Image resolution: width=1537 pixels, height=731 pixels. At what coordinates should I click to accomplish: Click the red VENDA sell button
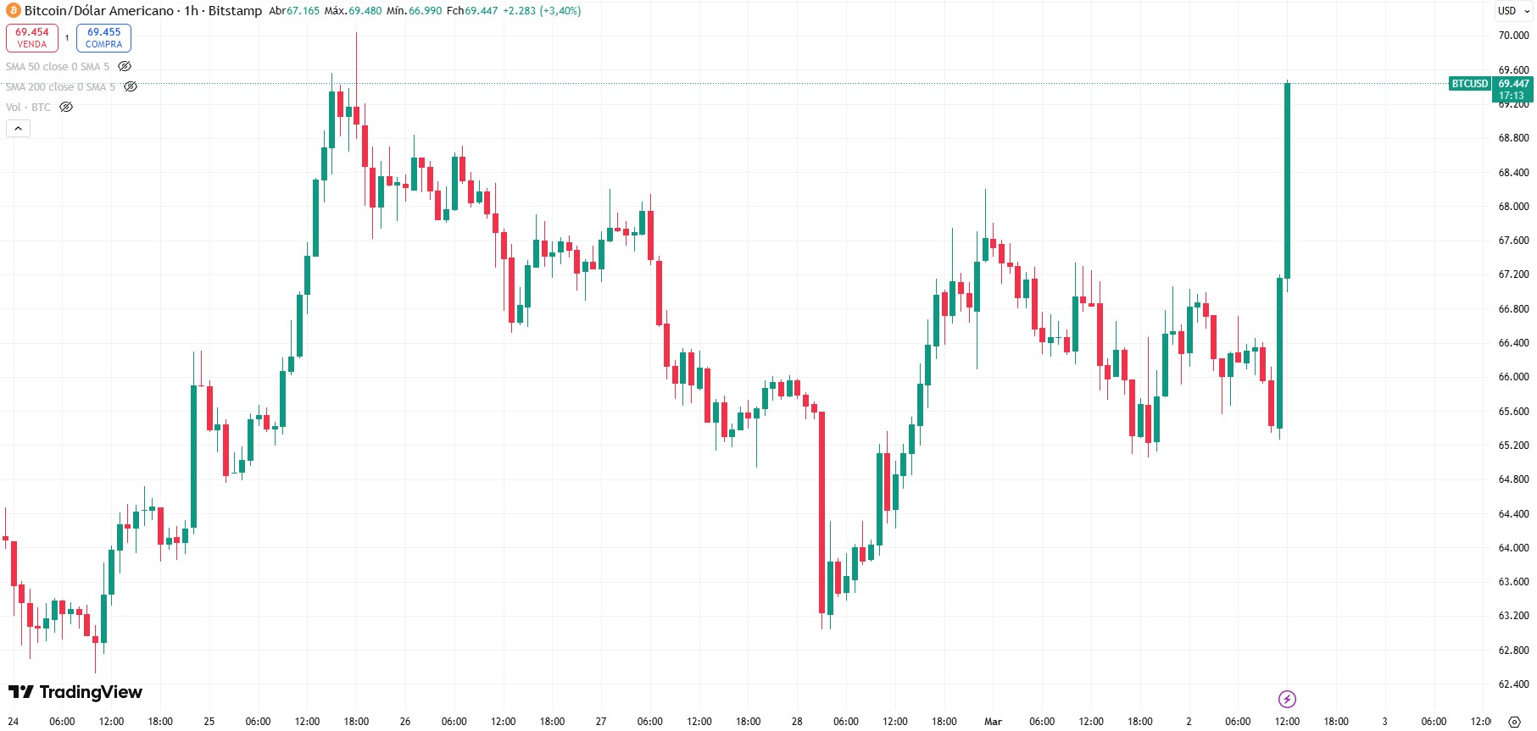click(32, 38)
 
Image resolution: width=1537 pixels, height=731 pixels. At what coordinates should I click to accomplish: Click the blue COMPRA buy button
click(103, 38)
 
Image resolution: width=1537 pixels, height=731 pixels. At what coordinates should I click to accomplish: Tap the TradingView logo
click(75, 692)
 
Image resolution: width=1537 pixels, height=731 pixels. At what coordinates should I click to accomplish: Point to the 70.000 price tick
click(1513, 36)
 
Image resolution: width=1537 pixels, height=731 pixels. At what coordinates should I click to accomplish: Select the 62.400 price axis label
click(1513, 684)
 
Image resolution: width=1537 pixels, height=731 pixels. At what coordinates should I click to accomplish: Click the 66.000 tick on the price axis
click(1513, 377)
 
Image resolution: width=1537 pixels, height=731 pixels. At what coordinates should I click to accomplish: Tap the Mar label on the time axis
click(993, 722)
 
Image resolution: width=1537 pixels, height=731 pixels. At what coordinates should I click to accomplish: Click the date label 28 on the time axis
click(797, 722)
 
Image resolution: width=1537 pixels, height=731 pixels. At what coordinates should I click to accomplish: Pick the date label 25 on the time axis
click(209, 722)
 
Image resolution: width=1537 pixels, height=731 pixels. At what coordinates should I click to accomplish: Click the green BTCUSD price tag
click(1469, 84)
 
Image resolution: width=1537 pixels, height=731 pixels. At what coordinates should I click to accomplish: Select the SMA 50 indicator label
click(58, 67)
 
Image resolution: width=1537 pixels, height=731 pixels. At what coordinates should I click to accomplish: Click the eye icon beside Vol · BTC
click(66, 108)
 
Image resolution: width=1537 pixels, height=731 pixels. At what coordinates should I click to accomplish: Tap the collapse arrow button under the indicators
click(18, 129)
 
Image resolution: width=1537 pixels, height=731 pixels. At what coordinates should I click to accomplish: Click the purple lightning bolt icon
click(1287, 699)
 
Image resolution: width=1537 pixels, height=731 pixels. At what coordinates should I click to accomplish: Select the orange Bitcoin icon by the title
click(13, 11)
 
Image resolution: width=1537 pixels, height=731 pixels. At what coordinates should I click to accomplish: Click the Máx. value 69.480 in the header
click(365, 11)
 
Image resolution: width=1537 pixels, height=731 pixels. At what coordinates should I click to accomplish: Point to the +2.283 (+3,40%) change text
click(542, 11)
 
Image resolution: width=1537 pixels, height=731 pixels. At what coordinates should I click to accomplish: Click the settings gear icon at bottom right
click(1514, 722)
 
